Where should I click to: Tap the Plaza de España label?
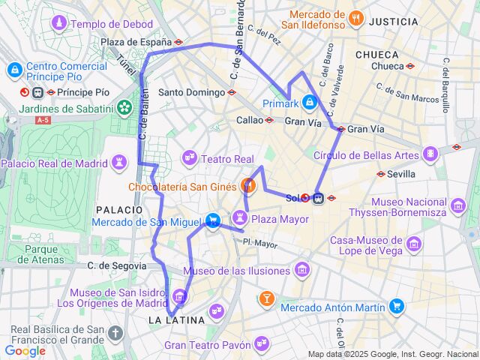point(136,43)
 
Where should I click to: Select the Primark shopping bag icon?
point(310,102)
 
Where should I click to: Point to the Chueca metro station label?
point(387,66)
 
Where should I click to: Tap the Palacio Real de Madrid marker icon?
point(119,163)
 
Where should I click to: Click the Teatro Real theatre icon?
point(189,158)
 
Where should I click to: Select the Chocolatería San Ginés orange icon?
point(249,184)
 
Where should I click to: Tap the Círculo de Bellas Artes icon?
point(430,154)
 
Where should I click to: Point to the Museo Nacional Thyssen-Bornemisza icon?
point(459,206)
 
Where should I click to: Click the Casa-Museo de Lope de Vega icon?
point(412,244)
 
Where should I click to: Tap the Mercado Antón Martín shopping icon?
point(397,306)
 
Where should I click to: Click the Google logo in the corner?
point(25,351)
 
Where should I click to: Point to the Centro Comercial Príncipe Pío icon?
point(13,70)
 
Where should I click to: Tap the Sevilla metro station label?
point(401,174)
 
